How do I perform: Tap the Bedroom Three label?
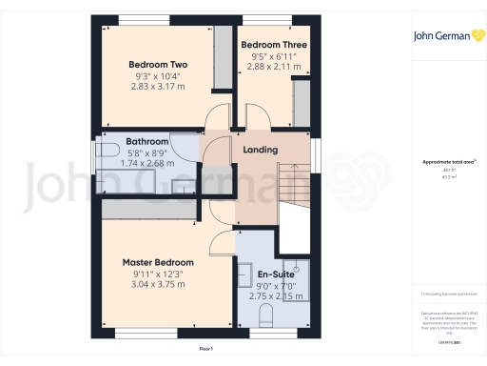(x=266, y=45)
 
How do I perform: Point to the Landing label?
(x=261, y=151)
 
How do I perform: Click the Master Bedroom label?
(x=158, y=262)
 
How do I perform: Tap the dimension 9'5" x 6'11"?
(x=266, y=56)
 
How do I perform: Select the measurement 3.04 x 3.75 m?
(x=158, y=284)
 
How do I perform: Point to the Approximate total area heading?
(x=443, y=163)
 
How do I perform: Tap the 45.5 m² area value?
(x=443, y=176)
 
